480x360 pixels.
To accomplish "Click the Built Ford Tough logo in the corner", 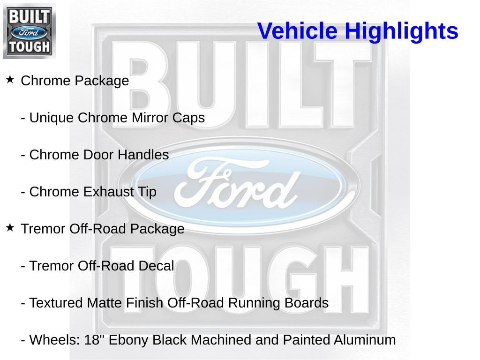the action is coord(29,31).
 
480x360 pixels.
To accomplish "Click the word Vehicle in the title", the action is coord(297,30).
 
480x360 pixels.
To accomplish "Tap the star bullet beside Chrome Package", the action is coord(10,80).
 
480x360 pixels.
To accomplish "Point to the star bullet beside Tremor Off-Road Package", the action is coord(10,228).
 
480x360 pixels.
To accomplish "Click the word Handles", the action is coord(143,155).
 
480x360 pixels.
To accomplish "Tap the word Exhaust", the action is coord(108,192).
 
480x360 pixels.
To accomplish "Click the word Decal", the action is coord(156,266).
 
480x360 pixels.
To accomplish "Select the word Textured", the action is coord(56,303).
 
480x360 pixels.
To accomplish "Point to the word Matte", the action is coord(105,303).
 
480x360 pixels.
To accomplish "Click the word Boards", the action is coord(307,303).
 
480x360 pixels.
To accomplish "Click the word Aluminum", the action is coord(365,340).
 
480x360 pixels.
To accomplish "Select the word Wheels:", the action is coord(55,340).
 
